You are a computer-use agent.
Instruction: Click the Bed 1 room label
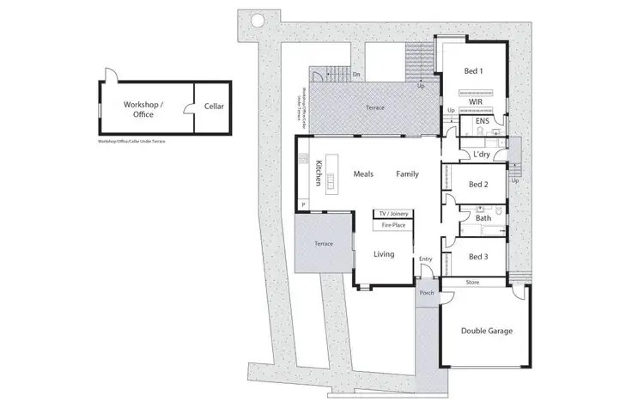pyautogui.click(x=474, y=70)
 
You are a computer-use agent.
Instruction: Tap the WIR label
pyautogui.click(x=476, y=101)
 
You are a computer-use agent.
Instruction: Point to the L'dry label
pyautogui.click(x=482, y=155)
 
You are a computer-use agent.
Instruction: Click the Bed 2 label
pyautogui.click(x=478, y=185)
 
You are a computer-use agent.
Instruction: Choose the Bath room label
pyautogui.click(x=483, y=218)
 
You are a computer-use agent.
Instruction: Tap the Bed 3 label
pyautogui.click(x=478, y=256)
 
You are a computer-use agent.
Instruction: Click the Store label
pyautogui.click(x=472, y=281)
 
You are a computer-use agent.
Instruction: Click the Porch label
pyautogui.click(x=425, y=293)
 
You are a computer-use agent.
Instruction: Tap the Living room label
pyautogui.click(x=384, y=254)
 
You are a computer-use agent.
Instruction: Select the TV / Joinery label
pyautogui.click(x=392, y=213)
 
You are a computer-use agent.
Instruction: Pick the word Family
pyautogui.click(x=407, y=174)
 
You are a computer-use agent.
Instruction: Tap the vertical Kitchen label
pyautogui.click(x=318, y=174)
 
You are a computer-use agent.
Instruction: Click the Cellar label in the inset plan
pyautogui.click(x=214, y=107)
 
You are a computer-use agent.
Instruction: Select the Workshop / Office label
pyautogui.click(x=143, y=107)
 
